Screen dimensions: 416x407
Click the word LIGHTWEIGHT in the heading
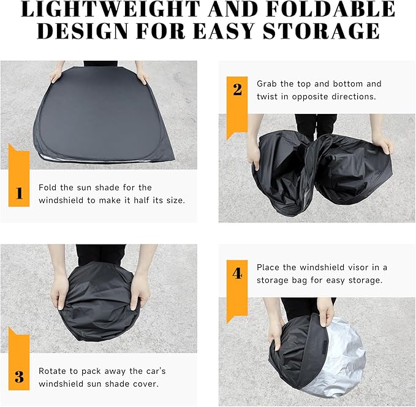point(110,9)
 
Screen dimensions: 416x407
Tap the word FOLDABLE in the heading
point(331,9)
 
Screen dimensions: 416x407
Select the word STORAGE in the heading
point(321,31)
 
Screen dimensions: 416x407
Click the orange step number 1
point(19,193)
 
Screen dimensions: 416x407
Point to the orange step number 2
point(237,89)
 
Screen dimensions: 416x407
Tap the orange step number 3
point(19,377)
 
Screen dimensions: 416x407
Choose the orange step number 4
point(237,273)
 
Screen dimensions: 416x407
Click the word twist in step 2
point(267,96)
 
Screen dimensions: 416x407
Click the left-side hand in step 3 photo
point(59,292)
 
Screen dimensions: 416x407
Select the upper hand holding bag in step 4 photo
point(325,312)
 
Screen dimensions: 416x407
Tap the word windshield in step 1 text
point(61,200)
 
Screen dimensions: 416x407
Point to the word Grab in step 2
point(267,83)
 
